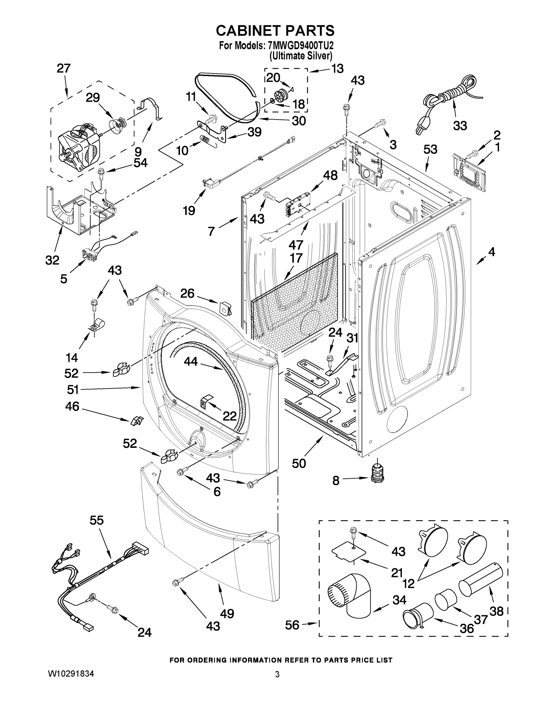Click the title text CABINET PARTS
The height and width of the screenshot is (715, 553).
point(275,30)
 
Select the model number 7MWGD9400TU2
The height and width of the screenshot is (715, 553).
point(298,45)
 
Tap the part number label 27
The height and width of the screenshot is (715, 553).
point(63,69)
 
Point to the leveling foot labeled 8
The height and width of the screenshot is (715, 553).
point(377,474)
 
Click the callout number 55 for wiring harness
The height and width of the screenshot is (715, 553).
point(97,520)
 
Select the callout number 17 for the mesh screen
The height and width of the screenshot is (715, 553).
point(295,258)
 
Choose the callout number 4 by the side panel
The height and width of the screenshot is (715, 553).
point(491,252)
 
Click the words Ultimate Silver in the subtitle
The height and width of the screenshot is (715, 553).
point(300,56)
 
